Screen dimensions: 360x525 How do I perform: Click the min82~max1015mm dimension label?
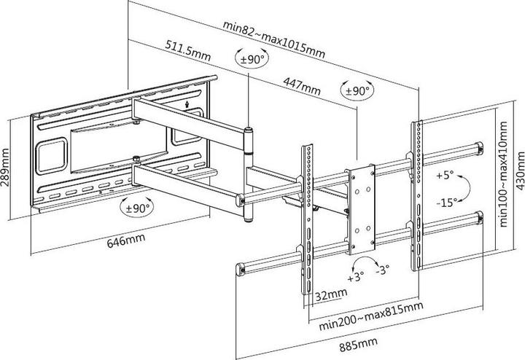click(274, 37)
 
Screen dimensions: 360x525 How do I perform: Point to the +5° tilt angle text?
click(446, 176)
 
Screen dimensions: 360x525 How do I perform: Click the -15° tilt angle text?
click(447, 202)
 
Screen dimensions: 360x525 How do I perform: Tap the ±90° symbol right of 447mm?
click(357, 91)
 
